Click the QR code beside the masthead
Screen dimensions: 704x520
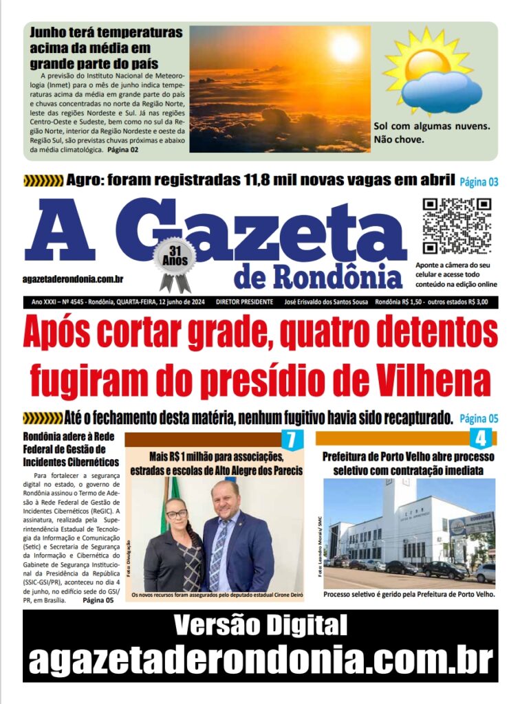456,226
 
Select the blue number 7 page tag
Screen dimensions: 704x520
292,439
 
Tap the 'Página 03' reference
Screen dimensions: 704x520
479,182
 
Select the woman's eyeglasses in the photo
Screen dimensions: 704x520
176,514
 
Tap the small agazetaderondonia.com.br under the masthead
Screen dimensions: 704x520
73,278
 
